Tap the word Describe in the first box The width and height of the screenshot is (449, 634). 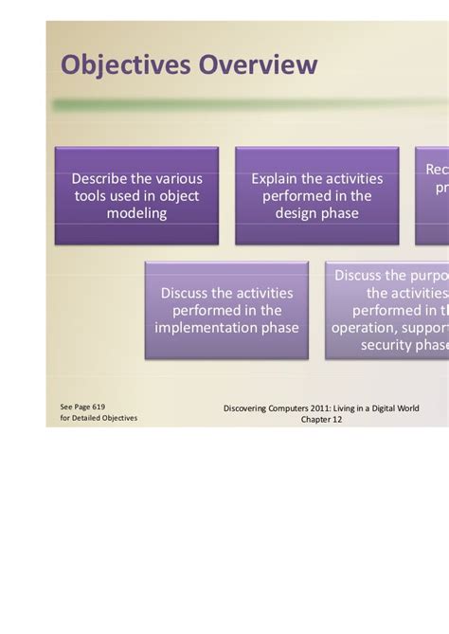pyautogui.click(x=101, y=178)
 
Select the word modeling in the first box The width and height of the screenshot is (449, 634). pyautogui.click(x=136, y=213)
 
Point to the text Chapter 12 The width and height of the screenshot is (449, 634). pyautogui.click(x=322, y=419)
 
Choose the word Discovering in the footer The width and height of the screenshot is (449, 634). pyautogui.click(x=248, y=408)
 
